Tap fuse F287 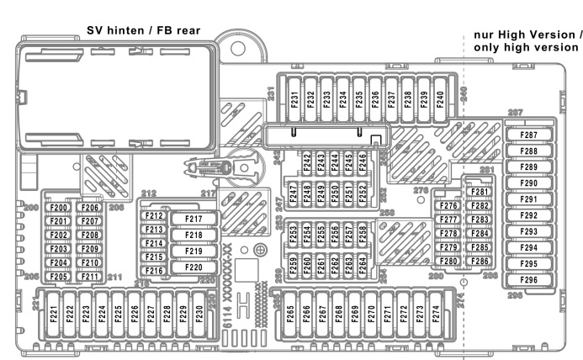529,135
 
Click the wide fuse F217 193,220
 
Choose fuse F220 193,268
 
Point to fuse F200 59,208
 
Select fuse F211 91,277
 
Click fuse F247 294,193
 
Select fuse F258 362,234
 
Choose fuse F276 448,206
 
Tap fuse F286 480,262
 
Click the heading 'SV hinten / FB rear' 144,30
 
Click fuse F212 153,216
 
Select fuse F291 529,199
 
